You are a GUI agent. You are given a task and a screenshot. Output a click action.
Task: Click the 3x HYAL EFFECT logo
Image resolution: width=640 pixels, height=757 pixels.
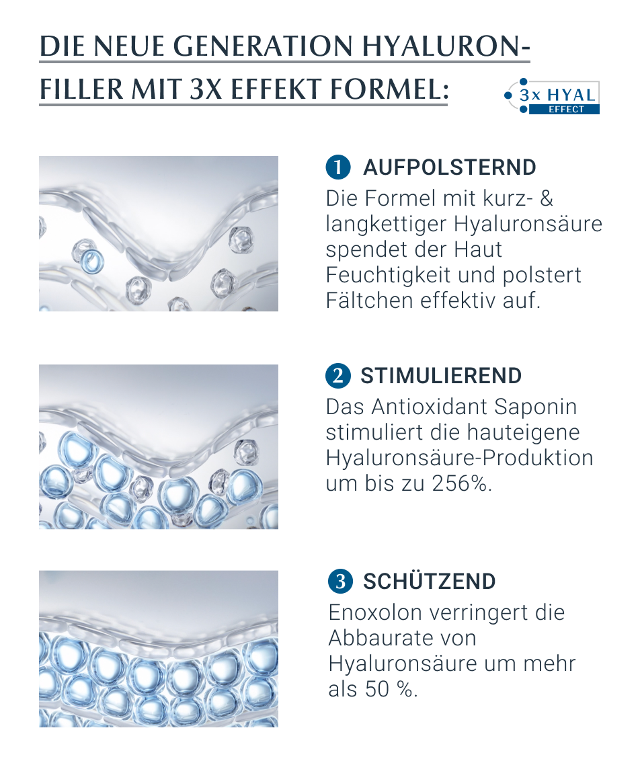pyautogui.click(x=552, y=97)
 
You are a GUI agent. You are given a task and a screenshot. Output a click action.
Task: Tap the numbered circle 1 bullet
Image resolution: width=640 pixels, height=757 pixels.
pyautogui.click(x=338, y=167)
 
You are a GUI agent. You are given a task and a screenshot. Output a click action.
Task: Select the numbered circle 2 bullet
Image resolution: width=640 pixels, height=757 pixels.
pyautogui.click(x=338, y=376)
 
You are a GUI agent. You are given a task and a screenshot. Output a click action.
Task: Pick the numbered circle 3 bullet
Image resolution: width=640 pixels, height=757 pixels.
pyautogui.click(x=340, y=582)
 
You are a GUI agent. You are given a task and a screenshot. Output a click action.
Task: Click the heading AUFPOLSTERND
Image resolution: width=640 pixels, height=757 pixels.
pyautogui.click(x=449, y=167)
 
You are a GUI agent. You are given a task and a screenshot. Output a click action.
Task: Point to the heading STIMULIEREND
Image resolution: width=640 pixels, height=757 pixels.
pyautogui.click(x=441, y=376)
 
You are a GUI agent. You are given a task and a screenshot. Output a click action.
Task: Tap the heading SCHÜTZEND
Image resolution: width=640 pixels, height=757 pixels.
pyautogui.click(x=430, y=582)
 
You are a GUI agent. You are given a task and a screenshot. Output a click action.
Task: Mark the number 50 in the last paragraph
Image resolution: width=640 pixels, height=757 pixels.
pyautogui.click(x=377, y=689)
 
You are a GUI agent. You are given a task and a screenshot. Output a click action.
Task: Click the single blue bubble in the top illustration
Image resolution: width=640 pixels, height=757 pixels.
pyautogui.click(x=91, y=261)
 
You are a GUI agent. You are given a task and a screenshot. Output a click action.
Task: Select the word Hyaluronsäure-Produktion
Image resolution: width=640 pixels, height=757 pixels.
pyautogui.click(x=459, y=458)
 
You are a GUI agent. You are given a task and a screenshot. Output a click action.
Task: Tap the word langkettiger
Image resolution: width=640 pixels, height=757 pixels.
pyautogui.click(x=386, y=225)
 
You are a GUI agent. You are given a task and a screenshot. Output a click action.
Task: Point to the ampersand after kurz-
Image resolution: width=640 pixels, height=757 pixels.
pyautogui.click(x=547, y=198)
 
